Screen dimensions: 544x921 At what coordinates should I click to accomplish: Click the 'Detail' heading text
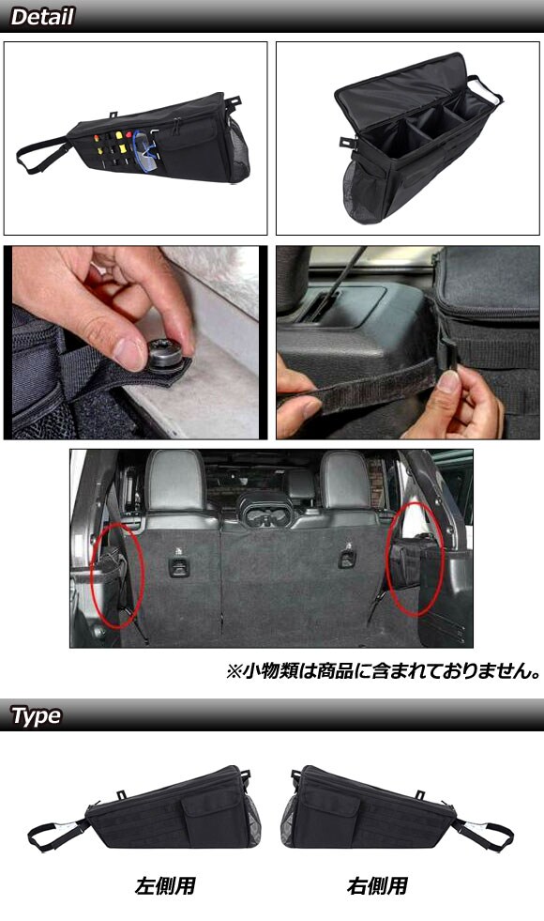42,17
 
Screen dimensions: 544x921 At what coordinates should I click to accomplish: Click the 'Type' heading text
36,715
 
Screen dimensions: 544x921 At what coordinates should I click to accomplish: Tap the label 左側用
165,885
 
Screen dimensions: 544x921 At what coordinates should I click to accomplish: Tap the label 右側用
377,885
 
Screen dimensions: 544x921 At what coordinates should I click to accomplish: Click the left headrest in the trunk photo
175,481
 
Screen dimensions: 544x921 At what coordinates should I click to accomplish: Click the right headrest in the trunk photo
346,481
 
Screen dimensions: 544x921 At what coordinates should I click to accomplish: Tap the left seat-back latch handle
177,565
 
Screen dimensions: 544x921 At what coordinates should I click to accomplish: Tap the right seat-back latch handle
347,559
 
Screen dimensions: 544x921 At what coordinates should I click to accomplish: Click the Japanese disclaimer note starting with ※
384,670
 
